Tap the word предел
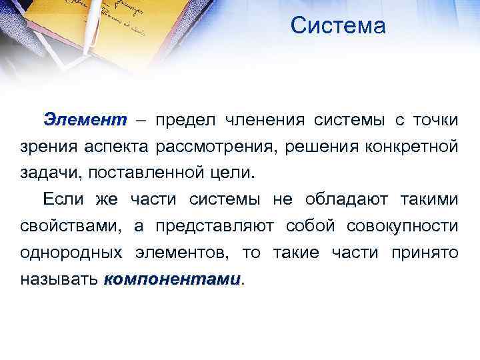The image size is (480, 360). pos(188,121)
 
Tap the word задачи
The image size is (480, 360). pos(46,173)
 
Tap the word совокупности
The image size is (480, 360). pos(402,225)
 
